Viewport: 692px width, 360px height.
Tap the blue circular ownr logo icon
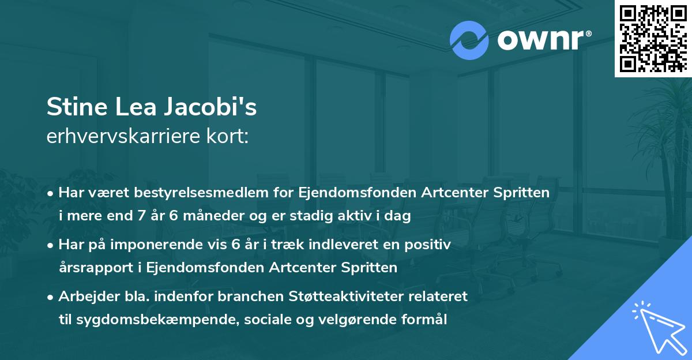point(469,40)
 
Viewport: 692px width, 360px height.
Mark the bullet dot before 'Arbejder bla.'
point(51,297)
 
